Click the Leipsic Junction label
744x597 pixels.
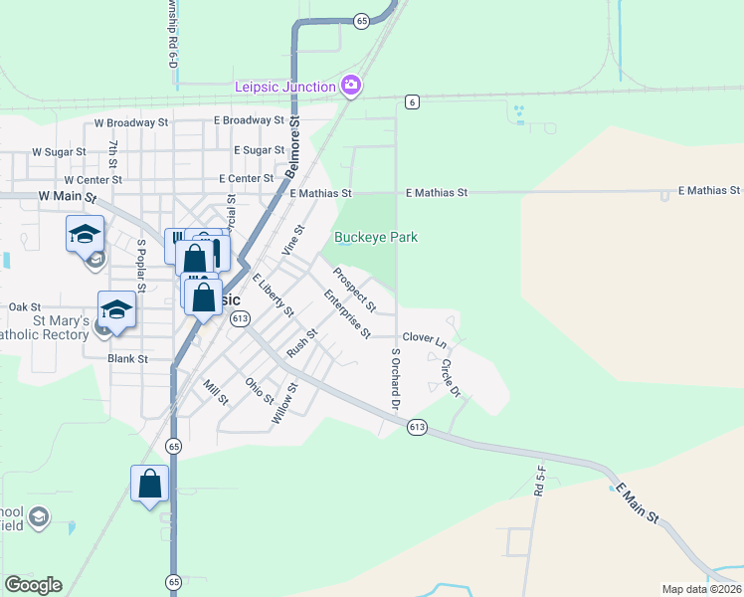click(284, 87)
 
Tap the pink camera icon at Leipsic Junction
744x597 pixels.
click(350, 87)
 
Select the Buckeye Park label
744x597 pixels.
click(375, 237)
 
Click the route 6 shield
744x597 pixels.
click(411, 101)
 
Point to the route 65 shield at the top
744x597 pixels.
click(361, 20)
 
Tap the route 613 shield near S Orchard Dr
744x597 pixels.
click(417, 427)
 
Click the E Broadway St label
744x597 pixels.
click(250, 120)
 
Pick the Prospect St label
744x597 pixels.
click(354, 288)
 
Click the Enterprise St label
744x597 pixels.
click(347, 312)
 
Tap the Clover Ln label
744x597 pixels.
click(426, 339)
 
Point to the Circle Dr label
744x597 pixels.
click(450, 377)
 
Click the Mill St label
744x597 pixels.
click(215, 392)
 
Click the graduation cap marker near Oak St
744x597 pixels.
click(116, 309)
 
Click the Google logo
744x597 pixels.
click(33, 585)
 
